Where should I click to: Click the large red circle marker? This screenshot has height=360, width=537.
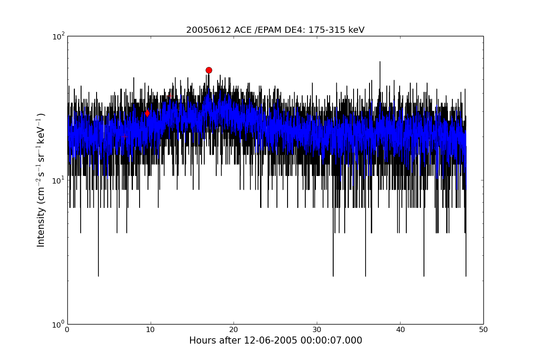click(209, 70)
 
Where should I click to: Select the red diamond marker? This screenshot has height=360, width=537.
click(148, 113)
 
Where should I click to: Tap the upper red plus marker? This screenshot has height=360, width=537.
click(170, 96)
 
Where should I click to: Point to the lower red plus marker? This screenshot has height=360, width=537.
click(125, 137)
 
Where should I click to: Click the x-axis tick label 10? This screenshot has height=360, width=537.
click(150, 330)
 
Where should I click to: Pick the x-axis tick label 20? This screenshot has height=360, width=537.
click(233, 330)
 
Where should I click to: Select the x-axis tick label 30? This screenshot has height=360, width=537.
click(317, 330)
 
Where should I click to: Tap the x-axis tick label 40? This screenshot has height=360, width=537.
click(400, 330)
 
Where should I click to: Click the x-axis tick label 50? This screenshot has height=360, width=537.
click(483, 330)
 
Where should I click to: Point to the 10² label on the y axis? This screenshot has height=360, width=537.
click(58, 37)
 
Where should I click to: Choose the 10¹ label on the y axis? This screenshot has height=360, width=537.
click(58, 180)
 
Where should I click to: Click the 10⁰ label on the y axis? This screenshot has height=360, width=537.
click(58, 325)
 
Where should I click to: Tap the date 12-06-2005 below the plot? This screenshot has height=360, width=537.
click(270, 340)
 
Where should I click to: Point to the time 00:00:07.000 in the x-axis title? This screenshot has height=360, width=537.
click(331, 340)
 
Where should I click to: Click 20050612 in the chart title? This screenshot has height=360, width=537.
click(209, 30)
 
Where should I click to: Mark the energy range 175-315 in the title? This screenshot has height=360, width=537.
click(327, 30)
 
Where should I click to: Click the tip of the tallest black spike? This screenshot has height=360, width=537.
click(380, 62)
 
